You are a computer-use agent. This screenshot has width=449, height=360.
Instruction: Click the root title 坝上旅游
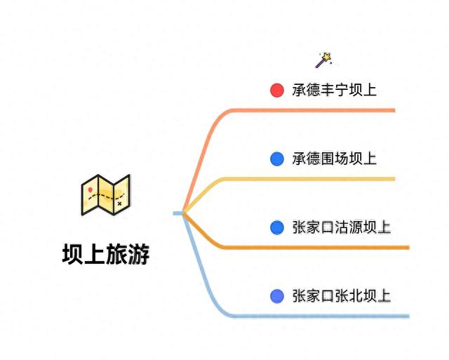[x=105, y=253]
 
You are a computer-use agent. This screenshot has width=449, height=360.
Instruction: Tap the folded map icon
[x=105, y=194]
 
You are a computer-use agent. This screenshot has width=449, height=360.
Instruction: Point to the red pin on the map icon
[x=91, y=189]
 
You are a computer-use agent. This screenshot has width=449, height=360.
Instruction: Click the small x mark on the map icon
[x=119, y=204]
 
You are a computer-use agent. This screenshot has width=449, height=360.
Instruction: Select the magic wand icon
[x=323, y=60]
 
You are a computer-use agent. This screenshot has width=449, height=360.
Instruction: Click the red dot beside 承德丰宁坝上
[x=277, y=90]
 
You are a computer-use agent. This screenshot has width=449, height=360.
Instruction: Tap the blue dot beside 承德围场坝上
[x=277, y=159]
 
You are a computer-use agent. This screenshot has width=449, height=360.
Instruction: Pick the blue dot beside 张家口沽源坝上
[x=277, y=227]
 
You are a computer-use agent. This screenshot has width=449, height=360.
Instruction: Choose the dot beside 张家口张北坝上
[x=277, y=296]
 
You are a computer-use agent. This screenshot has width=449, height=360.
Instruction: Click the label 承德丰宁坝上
[x=335, y=90]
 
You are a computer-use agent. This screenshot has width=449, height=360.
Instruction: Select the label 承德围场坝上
[x=335, y=159]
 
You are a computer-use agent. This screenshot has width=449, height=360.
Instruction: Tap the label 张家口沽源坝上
[x=342, y=227]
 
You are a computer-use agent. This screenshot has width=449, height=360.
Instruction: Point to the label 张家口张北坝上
[x=342, y=296]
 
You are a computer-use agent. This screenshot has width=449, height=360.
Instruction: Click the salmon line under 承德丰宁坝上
[x=316, y=110]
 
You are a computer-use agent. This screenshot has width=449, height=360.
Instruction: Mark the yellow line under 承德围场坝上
[x=316, y=179]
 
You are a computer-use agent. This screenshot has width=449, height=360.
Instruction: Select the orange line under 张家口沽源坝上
[x=323, y=247]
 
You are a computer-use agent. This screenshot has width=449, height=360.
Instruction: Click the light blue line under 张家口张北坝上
[x=323, y=316]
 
